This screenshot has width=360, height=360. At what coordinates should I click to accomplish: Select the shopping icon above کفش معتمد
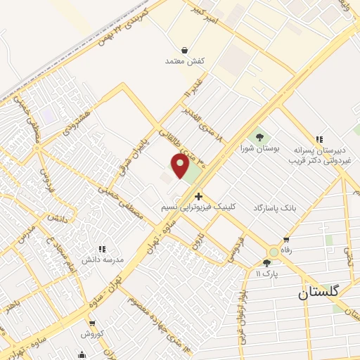click(x=184, y=51)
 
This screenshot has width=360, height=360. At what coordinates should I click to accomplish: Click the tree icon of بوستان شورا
click(x=259, y=136)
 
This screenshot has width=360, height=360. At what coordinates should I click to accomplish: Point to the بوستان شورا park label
click(x=259, y=148)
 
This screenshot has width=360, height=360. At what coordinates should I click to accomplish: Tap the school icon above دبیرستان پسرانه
click(x=319, y=139)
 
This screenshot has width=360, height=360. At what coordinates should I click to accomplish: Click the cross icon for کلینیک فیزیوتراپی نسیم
click(x=199, y=196)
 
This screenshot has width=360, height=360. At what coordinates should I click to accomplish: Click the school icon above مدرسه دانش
click(x=102, y=249)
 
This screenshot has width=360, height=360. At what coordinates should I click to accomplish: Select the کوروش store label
click(x=92, y=333)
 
